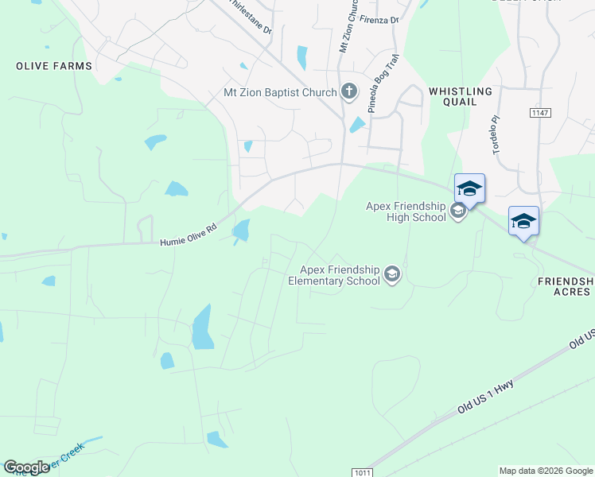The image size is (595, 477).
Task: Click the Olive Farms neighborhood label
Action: (54, 66)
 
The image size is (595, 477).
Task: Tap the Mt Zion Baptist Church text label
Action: (280, 93)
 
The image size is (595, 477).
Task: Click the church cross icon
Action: (348, 92)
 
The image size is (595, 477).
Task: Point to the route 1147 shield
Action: (540, 114)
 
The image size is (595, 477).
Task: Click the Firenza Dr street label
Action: (379, 18)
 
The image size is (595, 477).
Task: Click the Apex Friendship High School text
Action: (405, 211)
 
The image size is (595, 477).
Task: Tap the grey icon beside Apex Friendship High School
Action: (457, 211)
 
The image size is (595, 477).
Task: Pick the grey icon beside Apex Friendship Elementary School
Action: (391, 275)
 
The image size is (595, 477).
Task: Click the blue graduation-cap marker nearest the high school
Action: (469, 188)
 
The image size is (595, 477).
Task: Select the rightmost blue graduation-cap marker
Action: (523, 221)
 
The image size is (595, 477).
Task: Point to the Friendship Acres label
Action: (566, 286)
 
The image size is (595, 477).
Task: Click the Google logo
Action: (26, 467)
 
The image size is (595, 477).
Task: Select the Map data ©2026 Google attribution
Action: (546, 471)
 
